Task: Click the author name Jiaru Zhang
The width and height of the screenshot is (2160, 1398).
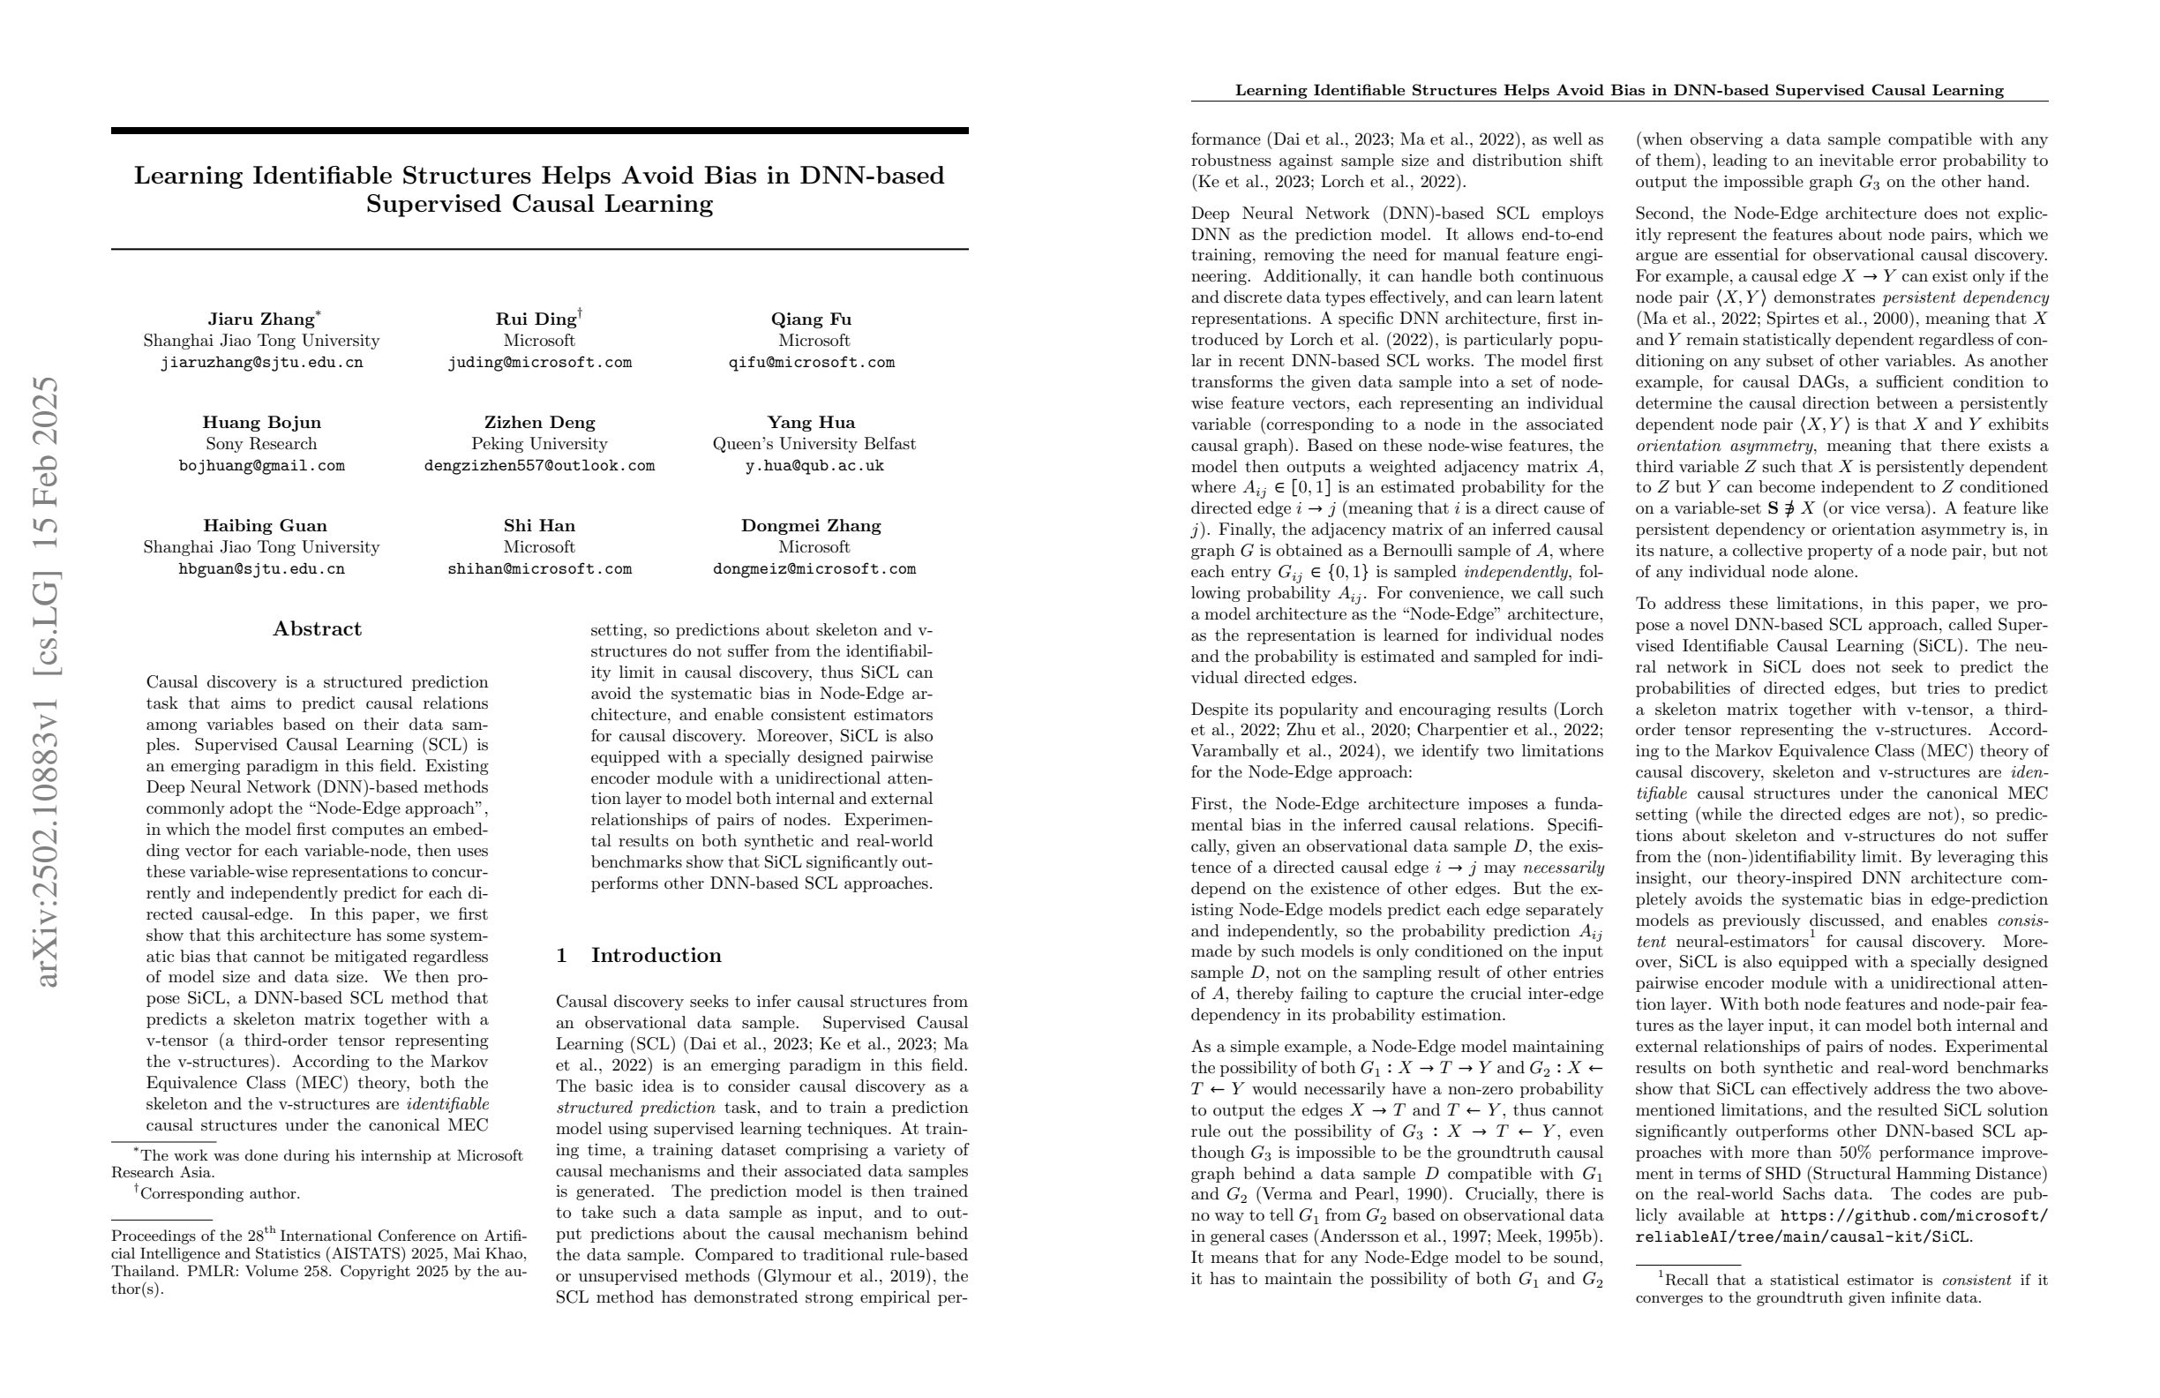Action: tap(260, 319)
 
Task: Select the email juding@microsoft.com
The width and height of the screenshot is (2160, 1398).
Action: tap(539, 362)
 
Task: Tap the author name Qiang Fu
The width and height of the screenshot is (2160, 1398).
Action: tap(811, 319)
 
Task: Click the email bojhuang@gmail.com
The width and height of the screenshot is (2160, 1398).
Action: tap(261, 466)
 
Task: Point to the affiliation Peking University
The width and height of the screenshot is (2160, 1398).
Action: tap(539, 444)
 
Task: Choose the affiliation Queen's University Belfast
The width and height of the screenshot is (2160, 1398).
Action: tap(814, 444)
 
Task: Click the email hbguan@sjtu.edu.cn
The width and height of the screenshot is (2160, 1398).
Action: tap(261, 569)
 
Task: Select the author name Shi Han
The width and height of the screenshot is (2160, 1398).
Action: tap(539, 526)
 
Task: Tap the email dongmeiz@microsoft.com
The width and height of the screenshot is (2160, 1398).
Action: tap(814, 569)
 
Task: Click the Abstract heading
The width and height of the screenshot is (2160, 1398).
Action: tap(317, 629)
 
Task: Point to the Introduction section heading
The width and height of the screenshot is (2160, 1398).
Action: tap(656, 955)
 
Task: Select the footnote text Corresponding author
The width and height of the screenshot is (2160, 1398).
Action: tap(219, 1194)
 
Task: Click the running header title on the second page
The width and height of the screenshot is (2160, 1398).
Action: tap(1619, 90)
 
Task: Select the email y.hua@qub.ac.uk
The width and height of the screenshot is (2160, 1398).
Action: tap(814, 466)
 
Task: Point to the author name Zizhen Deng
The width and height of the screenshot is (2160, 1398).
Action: tap(539, 422)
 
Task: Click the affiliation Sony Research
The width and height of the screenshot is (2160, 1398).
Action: tap(261, 444)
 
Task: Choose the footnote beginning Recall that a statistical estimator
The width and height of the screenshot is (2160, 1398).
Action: tap(1841, 1289)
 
